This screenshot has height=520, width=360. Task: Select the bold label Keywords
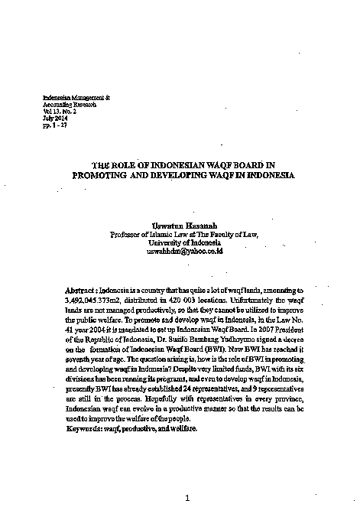click(x=86, y=430)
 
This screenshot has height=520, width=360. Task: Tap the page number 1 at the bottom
click(x=187, y=498)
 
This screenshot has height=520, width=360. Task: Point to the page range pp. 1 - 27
click(x=55, y=124)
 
